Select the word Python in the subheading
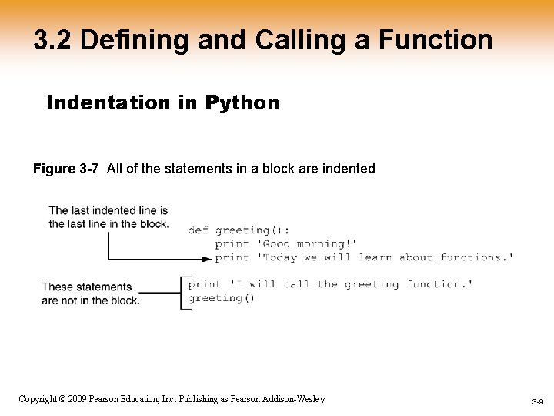tap(242, 102)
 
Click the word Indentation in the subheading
tap(108, 102)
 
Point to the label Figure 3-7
tap(66, 169)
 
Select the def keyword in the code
tap(199, 230)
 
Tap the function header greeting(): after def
tap(252, 230)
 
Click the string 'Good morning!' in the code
tap(307, 244)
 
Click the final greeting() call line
tap(222, 298)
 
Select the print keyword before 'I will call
tap(205, 284)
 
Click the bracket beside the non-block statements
tap(182, 292)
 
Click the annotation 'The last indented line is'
tap(108, 210)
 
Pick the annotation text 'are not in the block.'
tap(91, 300)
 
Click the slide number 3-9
tap(537, 402)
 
